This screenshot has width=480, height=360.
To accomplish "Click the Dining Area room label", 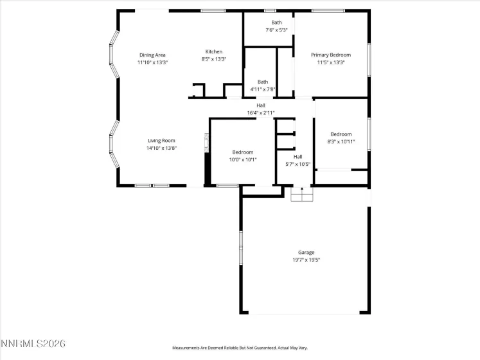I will (152, 55).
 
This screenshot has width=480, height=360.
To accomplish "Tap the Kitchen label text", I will (214, 51).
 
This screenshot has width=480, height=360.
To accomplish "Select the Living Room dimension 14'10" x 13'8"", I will (161, 148).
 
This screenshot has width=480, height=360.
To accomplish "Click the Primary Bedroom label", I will (331, 55).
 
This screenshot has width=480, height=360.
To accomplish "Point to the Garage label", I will (306, 253).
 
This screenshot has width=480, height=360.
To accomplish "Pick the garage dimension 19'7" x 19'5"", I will (306, 260).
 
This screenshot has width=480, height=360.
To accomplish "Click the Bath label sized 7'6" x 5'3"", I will (276, 22).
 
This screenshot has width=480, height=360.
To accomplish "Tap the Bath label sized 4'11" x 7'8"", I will (263, 82).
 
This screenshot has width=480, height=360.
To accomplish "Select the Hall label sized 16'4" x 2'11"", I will (261, 105).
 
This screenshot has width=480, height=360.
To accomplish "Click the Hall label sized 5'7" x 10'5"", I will (298, 156).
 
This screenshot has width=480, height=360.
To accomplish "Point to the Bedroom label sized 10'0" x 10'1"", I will (243, 152).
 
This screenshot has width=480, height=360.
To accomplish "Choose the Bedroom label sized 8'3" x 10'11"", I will (341, 134).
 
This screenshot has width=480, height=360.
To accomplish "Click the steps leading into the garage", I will (301, 195).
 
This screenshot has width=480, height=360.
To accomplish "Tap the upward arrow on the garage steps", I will (301, 189).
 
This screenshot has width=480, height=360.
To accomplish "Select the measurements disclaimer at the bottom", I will (240, 348).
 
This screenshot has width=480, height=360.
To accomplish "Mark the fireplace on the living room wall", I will (206, 143).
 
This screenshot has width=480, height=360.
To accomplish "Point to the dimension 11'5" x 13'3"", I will (331, 62).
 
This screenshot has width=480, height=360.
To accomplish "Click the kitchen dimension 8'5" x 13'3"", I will (214, 59).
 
